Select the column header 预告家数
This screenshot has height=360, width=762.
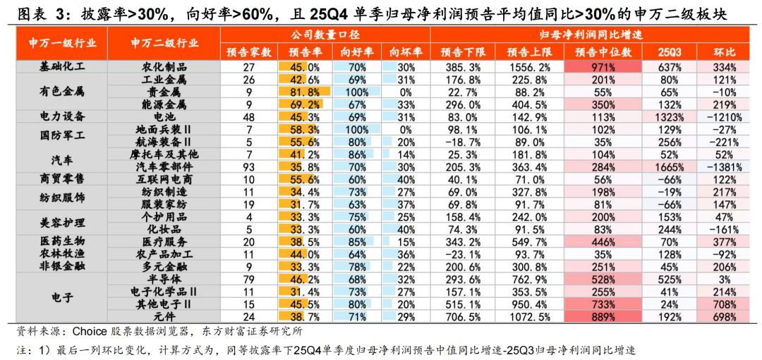[248, 53]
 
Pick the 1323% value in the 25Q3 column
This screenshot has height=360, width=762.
[669, 116]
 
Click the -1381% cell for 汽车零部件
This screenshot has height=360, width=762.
[719, 167]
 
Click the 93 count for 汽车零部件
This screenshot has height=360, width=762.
[248, 167]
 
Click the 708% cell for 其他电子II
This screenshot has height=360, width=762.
[719, 304]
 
